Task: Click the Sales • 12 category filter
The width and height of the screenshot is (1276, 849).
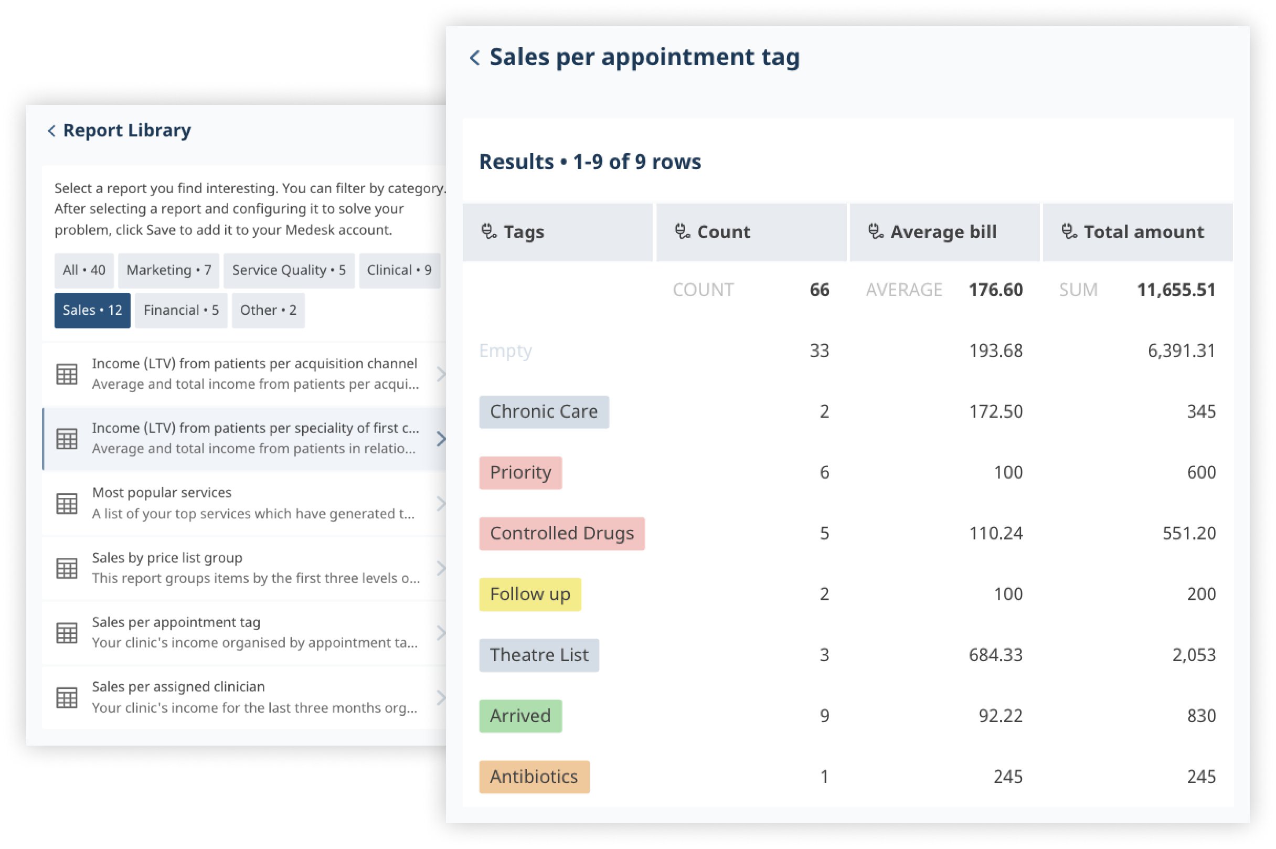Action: coord(92,310)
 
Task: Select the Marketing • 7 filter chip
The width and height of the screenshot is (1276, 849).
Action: coord(168,270)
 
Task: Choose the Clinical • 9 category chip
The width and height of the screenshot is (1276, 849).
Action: coord(399,270)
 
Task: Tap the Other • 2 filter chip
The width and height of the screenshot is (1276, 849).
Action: coord(268,310)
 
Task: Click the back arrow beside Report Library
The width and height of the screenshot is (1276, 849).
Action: coord(51,131)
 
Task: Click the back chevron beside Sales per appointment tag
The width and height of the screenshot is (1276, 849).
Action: coord(475,57)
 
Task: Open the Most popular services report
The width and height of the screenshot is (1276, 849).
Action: coord(243,503)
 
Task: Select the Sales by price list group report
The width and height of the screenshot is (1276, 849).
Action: coord(243,568)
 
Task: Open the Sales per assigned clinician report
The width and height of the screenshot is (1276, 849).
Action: coord(243,697)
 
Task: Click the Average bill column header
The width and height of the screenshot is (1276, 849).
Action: coord(942,232)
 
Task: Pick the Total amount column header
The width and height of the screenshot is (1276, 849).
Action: coord(1143,232)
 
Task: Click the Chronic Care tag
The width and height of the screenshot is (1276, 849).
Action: coord(544,411)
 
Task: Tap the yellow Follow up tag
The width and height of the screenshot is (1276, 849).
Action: coord(529,594)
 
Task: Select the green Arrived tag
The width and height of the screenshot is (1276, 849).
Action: coord(520,716)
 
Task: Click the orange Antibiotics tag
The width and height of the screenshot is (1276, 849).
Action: coord(534,777)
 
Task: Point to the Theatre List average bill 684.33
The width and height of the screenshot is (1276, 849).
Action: coord(995,655)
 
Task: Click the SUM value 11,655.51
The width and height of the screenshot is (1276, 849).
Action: coord(1176,290)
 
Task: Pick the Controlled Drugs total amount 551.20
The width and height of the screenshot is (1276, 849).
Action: coord(1188,533)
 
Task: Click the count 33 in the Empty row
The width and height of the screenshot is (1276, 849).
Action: coord(819,351)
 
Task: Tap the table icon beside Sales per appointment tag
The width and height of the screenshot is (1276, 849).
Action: coord(67,633)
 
